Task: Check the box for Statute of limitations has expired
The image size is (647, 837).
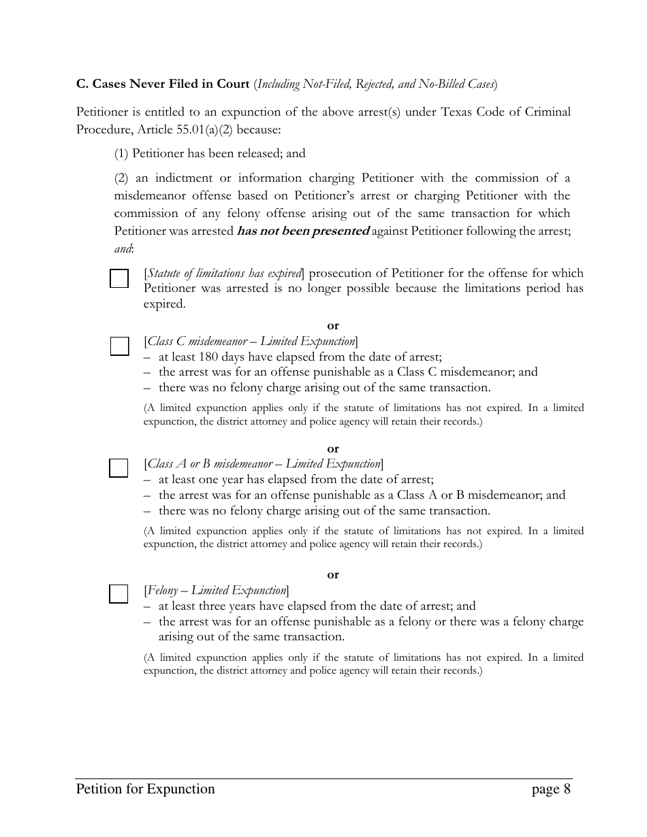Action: pyautogui.click(x=119, y=279)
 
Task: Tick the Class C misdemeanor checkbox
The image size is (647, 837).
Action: pyautogui.click(x=119, y=346)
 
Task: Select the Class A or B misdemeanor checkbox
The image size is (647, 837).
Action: pyautogui.click(x=119, y=468)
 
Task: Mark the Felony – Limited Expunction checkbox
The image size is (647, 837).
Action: pyautogui.click(x=119, y=594)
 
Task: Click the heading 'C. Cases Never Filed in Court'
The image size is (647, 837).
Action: pyautogui.click(x=163, y=84)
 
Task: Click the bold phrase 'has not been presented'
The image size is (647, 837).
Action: pyautogui.click(x=302, y=231)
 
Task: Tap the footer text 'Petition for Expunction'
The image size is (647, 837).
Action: pyautogui.click(x=146, y=789)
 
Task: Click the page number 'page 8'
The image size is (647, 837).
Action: pyautogui.click(x=551, y=789)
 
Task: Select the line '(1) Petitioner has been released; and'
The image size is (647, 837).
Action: pyautogui.click(x=210, y=154)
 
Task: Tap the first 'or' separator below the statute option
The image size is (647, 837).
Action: pyautogui.click(x=332, y=326)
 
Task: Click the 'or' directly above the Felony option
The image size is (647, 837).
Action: pyautogui.click(x=332, y=575)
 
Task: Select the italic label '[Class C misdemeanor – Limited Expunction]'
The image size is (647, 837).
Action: pyautogui.click(x=251, y=342)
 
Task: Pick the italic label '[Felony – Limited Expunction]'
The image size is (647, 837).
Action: pyautogui.click(x=217, y=590)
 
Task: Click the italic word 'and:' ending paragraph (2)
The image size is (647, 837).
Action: pyautogui.click(x=124, y=249)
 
